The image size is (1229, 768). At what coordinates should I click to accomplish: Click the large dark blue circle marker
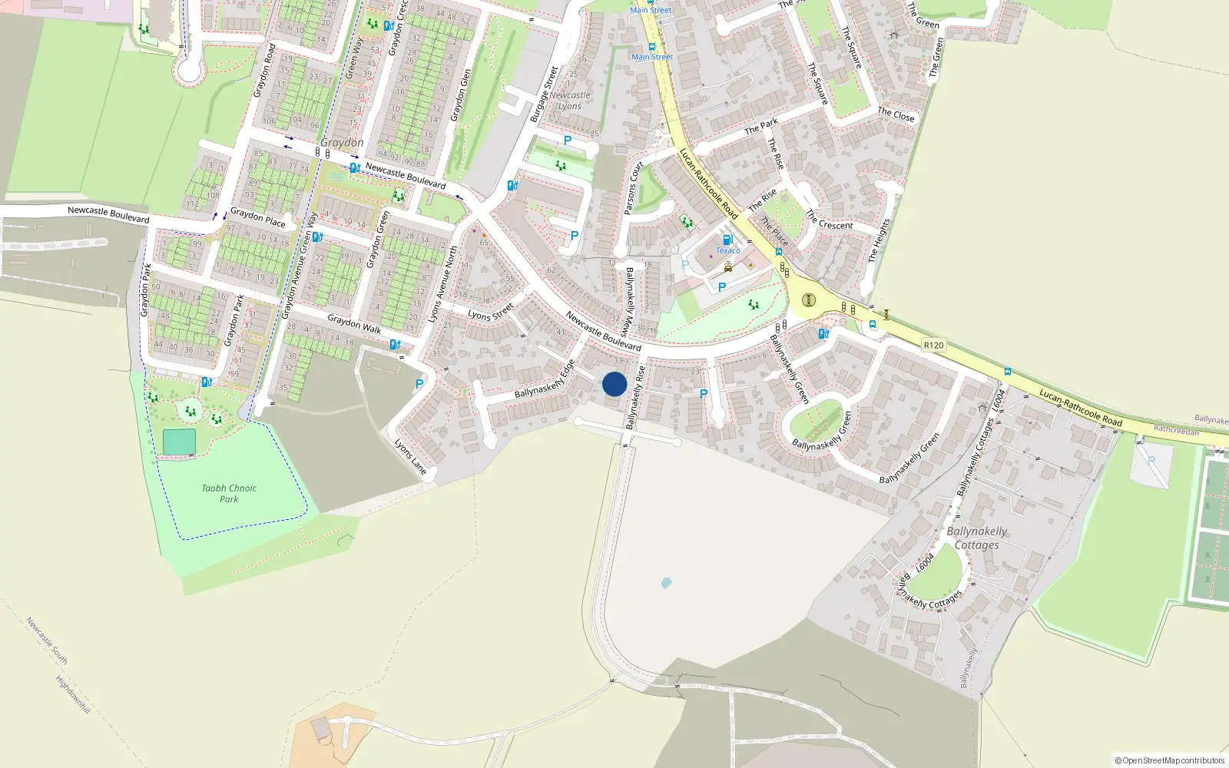(x=614, y=384)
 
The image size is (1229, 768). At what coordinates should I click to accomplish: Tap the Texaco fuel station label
(x=728, y=250)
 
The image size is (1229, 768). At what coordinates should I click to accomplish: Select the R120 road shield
(x=933, y=346)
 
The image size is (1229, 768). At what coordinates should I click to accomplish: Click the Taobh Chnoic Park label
(x=229, y=493)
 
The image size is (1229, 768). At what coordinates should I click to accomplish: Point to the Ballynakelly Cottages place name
(x=976, y=538)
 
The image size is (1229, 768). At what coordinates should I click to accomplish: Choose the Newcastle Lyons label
(x=570, y=101)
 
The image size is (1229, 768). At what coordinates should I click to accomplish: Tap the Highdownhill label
(x=73, y=694)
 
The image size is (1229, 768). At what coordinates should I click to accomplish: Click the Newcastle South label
(x=47, y=641)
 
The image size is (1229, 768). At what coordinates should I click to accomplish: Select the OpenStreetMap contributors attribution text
(x=1169, y=760)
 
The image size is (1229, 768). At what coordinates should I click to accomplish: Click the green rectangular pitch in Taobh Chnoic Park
(x=179, y=442)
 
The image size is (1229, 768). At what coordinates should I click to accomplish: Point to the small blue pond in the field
(x=666, y=583)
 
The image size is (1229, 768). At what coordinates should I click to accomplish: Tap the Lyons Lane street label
(x=410, y=456)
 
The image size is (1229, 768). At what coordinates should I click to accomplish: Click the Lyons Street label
(x=491, y=312)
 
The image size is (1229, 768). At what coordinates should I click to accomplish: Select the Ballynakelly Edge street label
(x=545, y=379)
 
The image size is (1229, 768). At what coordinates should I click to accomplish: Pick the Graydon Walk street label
(x=354, y=323)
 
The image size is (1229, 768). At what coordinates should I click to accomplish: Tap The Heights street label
(x=879, y=240)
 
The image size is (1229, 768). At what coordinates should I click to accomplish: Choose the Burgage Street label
(x=544, y=94)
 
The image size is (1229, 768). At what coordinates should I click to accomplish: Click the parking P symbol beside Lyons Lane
(x=419, y=385)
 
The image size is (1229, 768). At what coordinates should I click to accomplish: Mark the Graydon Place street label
(x=258, y=217)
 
